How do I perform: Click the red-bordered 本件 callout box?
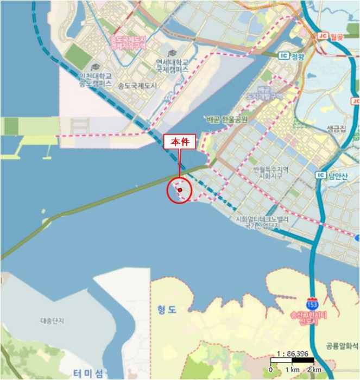[179, 141]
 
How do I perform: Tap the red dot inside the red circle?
[179, 190]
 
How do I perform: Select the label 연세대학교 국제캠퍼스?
[172, 66]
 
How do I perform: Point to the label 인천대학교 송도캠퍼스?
[96, 79]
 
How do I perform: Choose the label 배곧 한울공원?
[227, 119]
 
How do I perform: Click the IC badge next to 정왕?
[283, 55]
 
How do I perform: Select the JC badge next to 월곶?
[322, 36]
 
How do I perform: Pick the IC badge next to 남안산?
[320, 175]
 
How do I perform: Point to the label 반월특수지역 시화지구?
[269, 173]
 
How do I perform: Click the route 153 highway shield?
[312, 302]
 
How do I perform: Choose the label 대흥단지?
[52, 321]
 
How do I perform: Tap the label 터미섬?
[89, 373]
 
